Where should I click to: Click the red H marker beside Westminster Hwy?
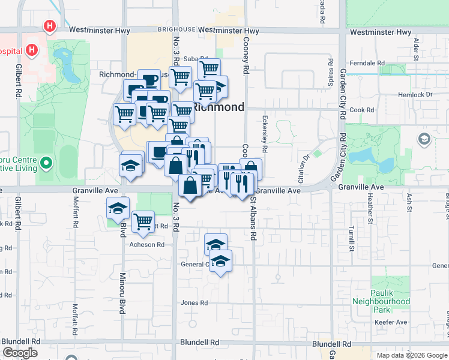(x=50, y=26)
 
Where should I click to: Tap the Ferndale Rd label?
(x=367, y=63)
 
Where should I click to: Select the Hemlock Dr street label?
(x=415, y=95)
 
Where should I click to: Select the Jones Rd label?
(x=194, y=303)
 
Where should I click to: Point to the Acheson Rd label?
(x=146, y=245)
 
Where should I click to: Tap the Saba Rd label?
(x=191, y=58)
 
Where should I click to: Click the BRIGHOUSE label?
(x=176, y=29)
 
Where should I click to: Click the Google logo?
(x=20, y=353)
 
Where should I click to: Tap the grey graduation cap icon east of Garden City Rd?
(x=424, y=140)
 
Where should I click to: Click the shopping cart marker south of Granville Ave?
(x=143, y=221)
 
